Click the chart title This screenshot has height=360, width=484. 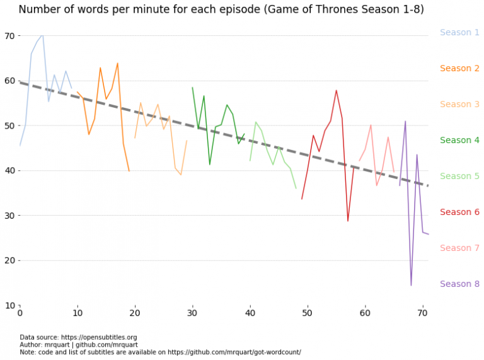221,9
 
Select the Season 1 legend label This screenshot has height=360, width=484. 459,32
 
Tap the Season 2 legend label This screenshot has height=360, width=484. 459,68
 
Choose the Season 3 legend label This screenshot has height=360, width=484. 459,104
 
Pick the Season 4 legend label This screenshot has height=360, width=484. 459,140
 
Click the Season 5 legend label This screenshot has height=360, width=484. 459,176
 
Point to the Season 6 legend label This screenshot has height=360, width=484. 459,212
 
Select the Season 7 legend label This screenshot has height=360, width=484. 459,248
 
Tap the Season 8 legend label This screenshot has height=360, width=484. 459,284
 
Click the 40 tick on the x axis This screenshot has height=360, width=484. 250,313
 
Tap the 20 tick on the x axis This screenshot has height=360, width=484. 135,313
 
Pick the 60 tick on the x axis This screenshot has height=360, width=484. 365,313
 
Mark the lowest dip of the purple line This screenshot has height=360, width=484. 411,285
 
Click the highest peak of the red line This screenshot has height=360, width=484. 337,90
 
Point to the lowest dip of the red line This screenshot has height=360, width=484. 348,221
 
